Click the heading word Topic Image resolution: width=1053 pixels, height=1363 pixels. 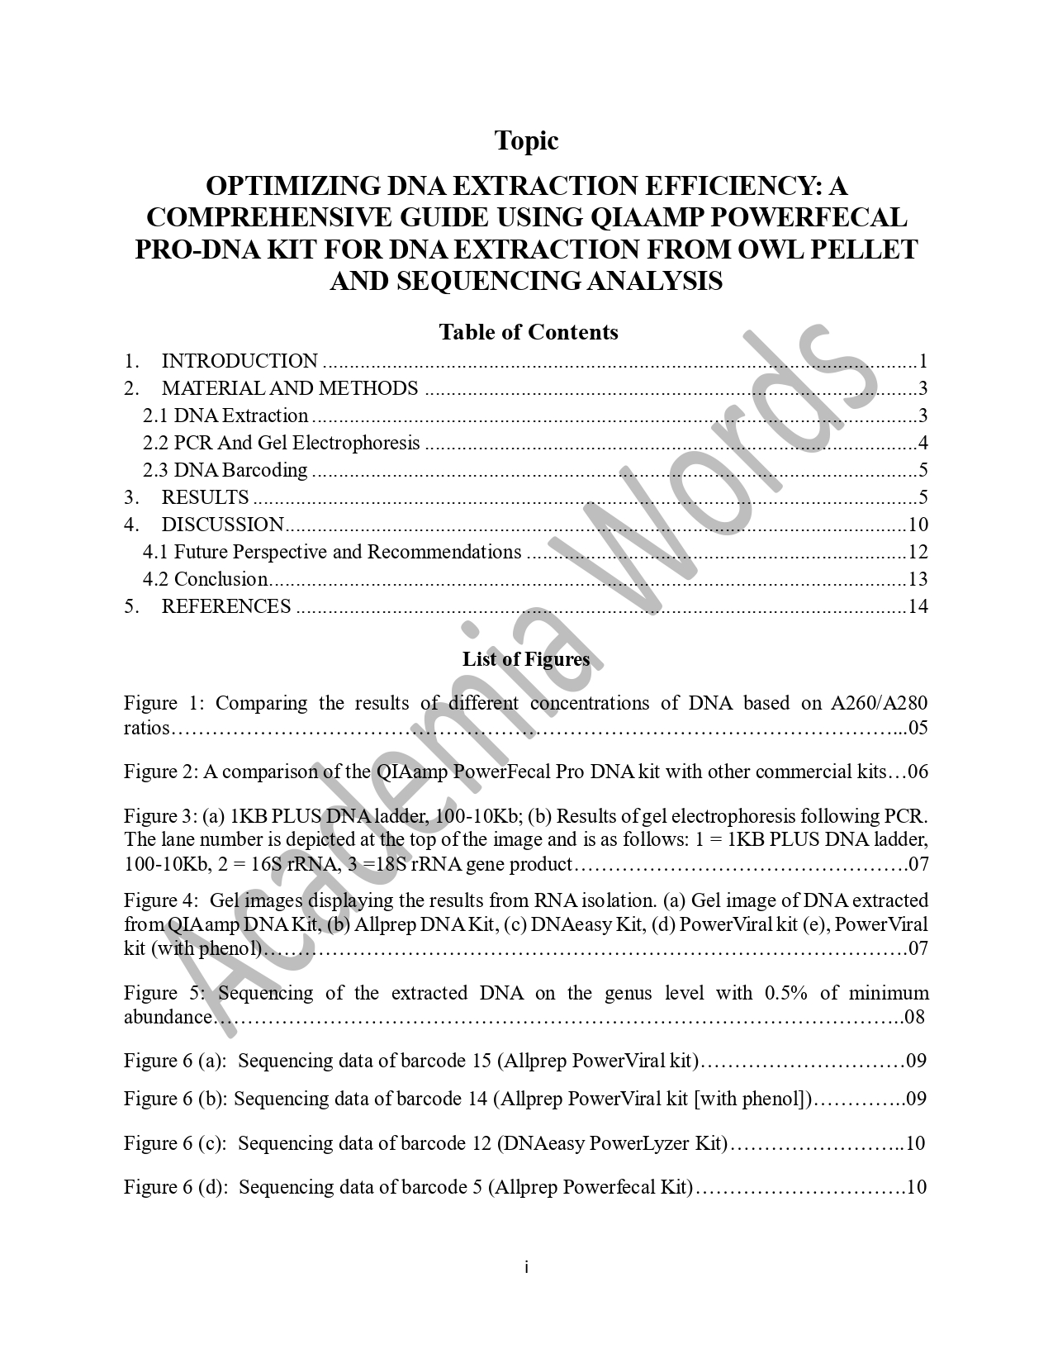[x=526, y=141]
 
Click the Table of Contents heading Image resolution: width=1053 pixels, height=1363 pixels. [x=528, y=332]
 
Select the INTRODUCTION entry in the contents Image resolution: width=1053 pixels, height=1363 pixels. [x=240, y=361]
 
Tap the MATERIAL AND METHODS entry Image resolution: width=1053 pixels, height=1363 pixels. [x=289, y=388]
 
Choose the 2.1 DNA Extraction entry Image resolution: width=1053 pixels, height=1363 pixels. [x=225, y=416]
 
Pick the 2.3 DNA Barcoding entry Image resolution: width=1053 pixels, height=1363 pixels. [x=225, y=470]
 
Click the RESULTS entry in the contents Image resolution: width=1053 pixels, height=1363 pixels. [x=205, y=497]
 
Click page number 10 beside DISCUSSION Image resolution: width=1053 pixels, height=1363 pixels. [x=918, y=525]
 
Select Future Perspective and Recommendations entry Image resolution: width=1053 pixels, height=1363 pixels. [x=332, y=552]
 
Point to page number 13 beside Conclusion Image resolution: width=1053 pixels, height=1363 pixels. [x=918, y=579]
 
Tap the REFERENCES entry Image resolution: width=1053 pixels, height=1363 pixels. [x=225, y=606]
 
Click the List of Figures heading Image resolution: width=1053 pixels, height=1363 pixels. [x=526, y=659]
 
